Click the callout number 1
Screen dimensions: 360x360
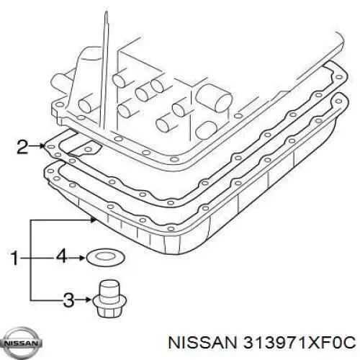coord(15,258)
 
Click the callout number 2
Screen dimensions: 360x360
coord(22,147)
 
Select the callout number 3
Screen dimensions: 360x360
coord(69,300)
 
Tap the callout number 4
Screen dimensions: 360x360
coord(61,258)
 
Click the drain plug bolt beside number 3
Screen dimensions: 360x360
coord(109,299)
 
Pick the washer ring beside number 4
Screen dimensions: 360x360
coord(106,257)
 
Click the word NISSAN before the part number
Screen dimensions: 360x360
coord(202,342)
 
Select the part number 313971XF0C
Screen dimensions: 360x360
coord(300,342)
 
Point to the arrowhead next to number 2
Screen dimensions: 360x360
coord(42,146)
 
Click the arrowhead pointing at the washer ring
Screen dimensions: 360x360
coord(81,258)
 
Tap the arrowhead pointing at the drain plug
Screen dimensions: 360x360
coord(88,300)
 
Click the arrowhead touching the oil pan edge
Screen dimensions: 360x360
coord(94,219)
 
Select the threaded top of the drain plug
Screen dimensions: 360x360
coord(109,289)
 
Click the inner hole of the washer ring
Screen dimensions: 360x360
coord(106,257)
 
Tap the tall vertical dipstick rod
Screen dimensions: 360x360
coord(106,71)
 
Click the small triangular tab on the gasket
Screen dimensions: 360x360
coord(85,148)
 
